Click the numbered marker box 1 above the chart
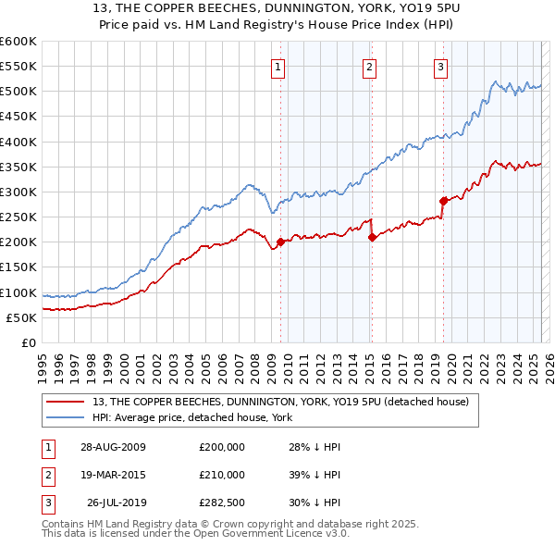tap(278, 66)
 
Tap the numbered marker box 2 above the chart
tap(369, 66)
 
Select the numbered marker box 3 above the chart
tap(440, 66)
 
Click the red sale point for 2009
tap(280, 242)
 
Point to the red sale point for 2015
tap(372, 237)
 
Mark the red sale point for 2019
tap(443, 201)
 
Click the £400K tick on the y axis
tap(18, 142)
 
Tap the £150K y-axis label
tap(18, 267)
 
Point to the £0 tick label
tap(30, 343)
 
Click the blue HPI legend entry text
tap(191, 418)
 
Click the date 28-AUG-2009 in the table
tap(113, 447)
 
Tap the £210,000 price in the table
tap(222, 475)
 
